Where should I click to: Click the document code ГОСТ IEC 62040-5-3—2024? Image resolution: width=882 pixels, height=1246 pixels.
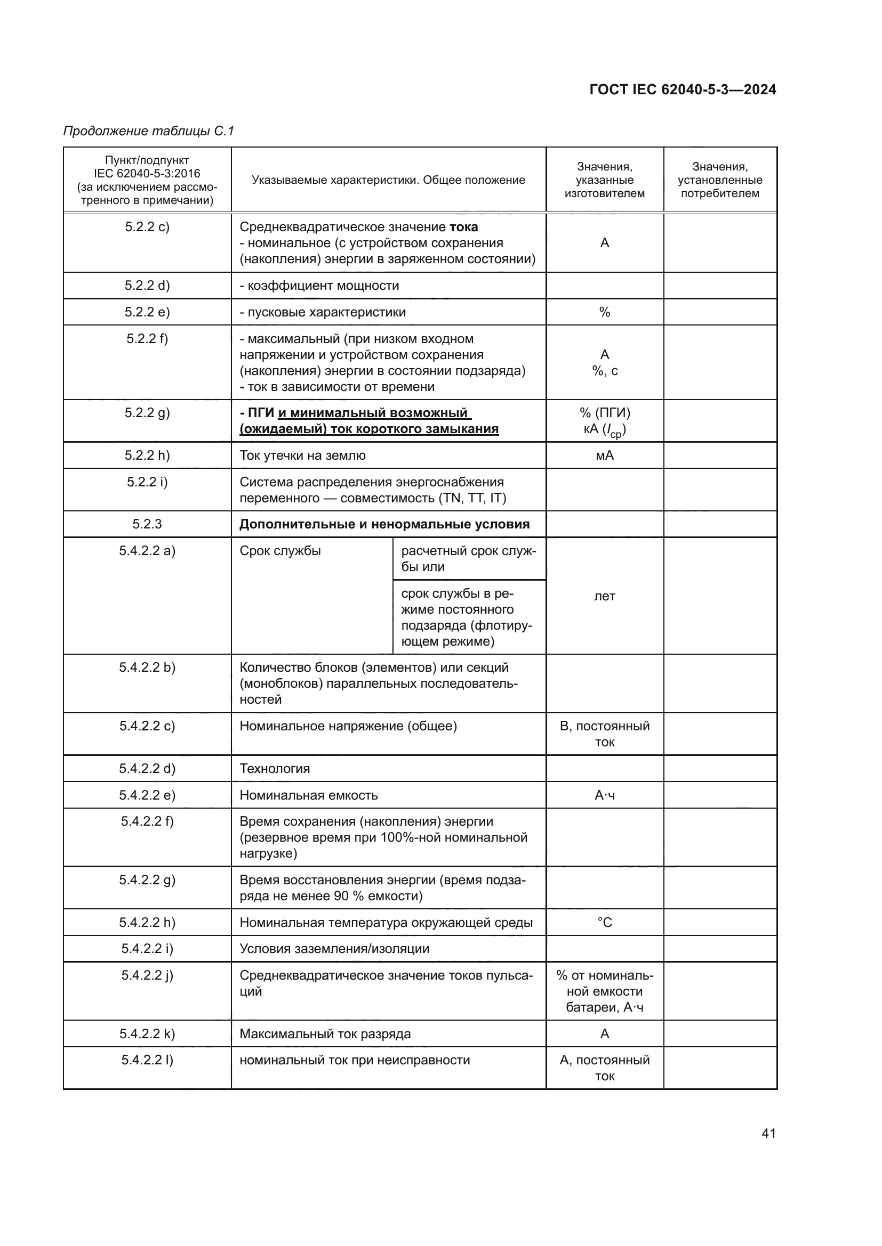pos(682,89)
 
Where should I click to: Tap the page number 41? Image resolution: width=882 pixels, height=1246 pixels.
pos(768,1133)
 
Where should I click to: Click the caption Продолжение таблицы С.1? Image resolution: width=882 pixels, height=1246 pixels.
pos(148,131)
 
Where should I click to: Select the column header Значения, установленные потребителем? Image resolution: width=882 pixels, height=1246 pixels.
pos(719,180)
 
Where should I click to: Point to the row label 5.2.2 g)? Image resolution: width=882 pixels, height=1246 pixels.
pos(147,413)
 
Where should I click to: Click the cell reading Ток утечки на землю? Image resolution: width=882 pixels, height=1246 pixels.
pos(302,455)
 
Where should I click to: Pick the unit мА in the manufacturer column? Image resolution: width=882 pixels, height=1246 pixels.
pos(605,455)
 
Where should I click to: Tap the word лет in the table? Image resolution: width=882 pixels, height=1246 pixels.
pos(605,596)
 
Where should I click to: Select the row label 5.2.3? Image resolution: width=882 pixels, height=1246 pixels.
pos(147,524)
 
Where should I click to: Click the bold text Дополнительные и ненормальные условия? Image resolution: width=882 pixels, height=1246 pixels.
pos(384,524)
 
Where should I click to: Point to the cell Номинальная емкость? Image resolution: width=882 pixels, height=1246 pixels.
pos(308,795)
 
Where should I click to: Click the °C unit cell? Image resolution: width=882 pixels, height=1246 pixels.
pos(605,923)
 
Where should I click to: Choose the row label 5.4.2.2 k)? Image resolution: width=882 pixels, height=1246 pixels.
pos(147,1034)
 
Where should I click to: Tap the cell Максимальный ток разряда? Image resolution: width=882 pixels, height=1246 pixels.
pos(325,1034)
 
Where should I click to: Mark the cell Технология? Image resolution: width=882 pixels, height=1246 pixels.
pos(275,769)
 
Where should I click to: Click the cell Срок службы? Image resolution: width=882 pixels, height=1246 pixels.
pos(280,551)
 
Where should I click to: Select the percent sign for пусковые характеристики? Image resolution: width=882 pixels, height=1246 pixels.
pos(605,312)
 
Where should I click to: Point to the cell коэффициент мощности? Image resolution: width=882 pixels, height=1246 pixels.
pos(319,286)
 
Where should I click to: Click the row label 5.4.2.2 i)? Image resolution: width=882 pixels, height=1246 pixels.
pos(147,949)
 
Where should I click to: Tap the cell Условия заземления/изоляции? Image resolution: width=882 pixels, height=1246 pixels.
pos(334,949)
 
